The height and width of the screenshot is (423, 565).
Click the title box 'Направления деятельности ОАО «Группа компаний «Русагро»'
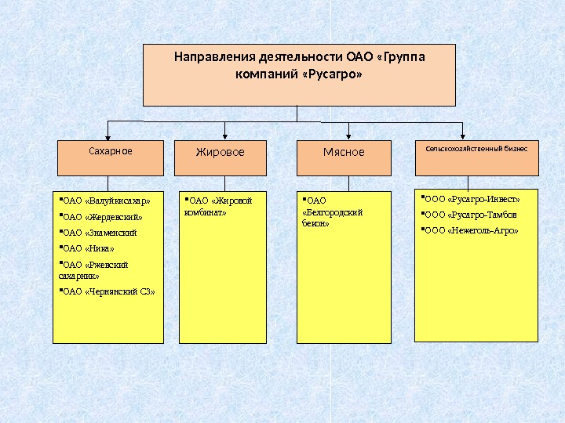[x=299, y=74]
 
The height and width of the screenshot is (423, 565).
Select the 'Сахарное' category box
[x=111, y=157]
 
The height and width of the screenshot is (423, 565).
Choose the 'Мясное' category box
[x=344, y=157]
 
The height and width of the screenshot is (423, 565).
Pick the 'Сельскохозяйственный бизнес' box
[x=476, y=157]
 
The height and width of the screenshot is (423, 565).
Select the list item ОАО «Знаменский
[x=100, y=233]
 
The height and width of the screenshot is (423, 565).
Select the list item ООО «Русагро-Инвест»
[x=472, y=199]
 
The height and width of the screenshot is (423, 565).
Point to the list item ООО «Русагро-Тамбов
[x=470, y=215]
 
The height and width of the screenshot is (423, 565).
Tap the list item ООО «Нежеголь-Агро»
[x=472, y=231]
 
